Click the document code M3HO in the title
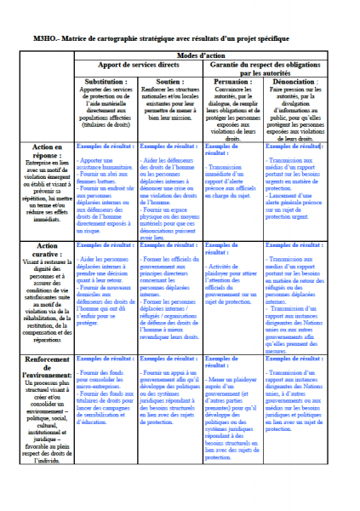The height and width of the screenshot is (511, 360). (x=48, y=40)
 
